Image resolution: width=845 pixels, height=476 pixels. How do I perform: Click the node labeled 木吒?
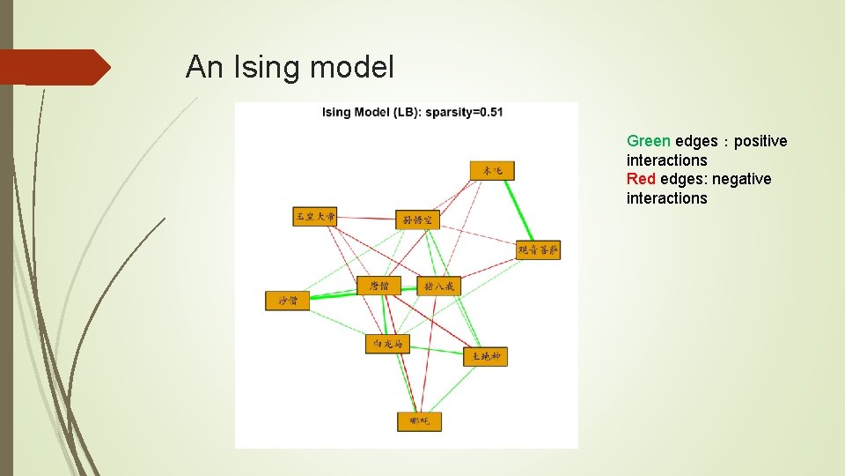pos(491,170)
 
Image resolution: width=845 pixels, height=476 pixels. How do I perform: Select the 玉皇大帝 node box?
pos(315,216)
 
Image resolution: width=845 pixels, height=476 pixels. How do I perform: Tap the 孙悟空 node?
pos(417,219)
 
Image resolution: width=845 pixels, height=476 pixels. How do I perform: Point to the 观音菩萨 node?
pos(538,249)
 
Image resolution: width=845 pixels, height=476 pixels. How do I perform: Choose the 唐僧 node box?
pos(378,286)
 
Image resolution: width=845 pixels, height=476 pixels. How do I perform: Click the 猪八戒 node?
pos(438,286)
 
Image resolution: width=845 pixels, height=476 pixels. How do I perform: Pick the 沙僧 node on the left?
pos(288,301)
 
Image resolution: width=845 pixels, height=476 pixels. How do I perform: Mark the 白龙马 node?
pos(387,343)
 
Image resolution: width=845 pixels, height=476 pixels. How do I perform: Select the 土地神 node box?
pos(485,356)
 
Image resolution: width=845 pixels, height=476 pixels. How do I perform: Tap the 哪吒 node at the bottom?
pos(419,421)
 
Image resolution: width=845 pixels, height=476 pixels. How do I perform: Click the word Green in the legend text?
pos(649,141)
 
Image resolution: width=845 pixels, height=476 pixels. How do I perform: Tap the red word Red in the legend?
pos(641,179)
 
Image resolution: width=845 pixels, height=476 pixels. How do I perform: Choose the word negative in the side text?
pos(741,179)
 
